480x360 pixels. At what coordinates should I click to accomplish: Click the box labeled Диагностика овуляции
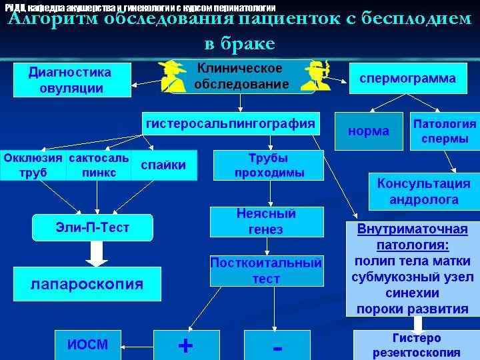tap(70, 79)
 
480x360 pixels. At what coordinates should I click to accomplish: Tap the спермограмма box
tap(408, 79)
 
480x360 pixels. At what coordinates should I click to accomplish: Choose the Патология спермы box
tap(445, 131)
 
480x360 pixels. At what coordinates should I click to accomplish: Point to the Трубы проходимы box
tap(269, 165)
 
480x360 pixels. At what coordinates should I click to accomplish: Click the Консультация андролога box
tap(423, 191)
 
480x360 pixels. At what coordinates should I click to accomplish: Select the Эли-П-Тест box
tap(93, 228)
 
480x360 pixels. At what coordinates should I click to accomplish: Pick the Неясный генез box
tap(266, 221)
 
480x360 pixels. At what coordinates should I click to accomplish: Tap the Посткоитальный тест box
tap(266, 271)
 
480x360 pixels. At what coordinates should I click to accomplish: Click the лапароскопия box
tap(87, 284)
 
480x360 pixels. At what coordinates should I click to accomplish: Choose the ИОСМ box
tap(87, 344)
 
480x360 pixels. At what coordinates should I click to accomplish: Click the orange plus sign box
tap(186, 345)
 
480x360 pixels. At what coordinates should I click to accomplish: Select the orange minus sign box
tap(277, 345)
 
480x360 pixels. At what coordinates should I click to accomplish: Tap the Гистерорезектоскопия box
tap(416, 345)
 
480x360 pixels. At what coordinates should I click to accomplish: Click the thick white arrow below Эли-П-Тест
tap(97, 253)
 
